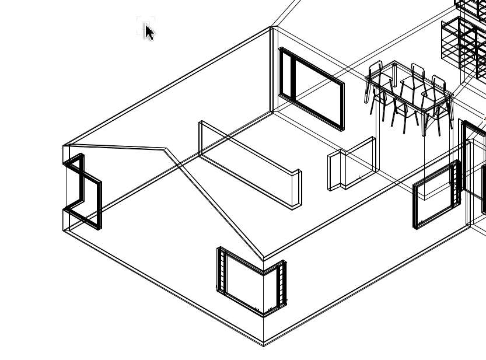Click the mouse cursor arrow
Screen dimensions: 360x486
pos(149,32)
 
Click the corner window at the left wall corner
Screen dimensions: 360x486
pos(82,191)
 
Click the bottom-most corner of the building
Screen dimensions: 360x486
pos(264,345)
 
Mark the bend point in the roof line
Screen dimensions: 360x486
pos(166,149)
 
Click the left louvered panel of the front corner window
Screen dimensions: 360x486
pos(221,270)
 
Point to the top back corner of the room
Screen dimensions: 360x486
pos(271,27)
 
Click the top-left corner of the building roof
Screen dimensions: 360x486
pos(64,145)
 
